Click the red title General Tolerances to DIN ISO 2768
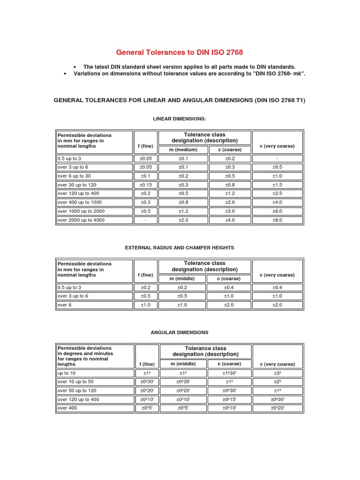coord(180,52)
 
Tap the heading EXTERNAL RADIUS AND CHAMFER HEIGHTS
coord(180,247)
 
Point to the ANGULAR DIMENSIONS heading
coord(180,332)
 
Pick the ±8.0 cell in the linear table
coord(277,220)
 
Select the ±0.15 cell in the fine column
coord(145,185)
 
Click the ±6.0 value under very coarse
coord(277,211)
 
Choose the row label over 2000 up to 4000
coord(81,220)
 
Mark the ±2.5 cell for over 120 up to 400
coord(277,193)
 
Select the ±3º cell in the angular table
coord(277,373)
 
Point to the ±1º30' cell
coord(230,373)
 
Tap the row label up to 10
coord(66,373)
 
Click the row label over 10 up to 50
coord(75,382)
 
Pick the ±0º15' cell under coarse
coord(230,399)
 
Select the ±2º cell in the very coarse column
coord(277,382)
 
